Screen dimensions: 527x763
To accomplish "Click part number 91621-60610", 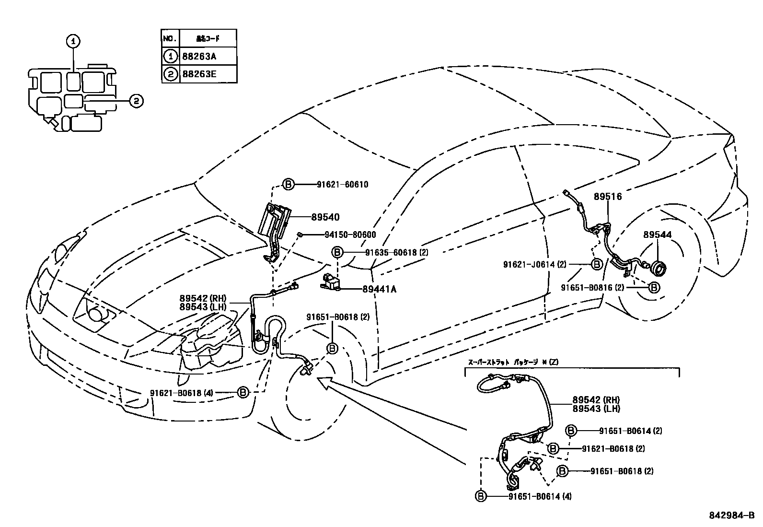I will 342,185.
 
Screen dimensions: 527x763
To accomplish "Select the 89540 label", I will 325,217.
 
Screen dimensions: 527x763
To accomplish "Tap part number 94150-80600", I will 343,235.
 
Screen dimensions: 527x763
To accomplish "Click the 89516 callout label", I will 607,197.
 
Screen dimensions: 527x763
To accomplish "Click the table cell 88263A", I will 199,56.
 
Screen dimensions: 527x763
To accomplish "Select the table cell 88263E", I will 199,74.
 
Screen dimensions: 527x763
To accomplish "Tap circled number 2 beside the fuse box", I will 136,101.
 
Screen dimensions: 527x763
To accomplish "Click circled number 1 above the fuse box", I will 73,42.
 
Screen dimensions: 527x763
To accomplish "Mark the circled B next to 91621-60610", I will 288,185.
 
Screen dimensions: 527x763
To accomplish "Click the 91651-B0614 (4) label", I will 539,496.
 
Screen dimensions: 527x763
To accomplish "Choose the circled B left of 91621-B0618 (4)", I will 243,393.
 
